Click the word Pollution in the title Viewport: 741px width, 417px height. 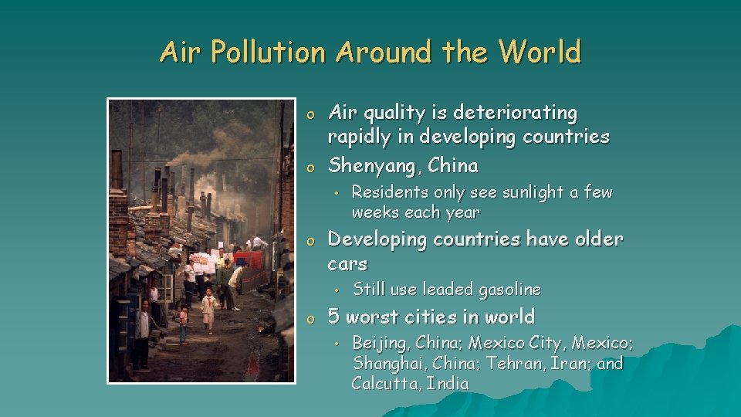point(268,51)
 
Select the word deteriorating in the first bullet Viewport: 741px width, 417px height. point(515,114)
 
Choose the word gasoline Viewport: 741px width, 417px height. point(509,290)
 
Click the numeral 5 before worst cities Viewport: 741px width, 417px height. point(333,317)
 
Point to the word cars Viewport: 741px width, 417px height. point(347,264)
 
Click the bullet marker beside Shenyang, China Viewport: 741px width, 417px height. point(310,168)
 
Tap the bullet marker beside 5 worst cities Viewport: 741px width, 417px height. point(310,319)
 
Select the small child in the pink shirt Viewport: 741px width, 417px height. point(184,324)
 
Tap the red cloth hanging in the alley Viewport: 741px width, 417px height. point(248,260)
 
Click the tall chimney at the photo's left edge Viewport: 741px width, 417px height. point(117,170)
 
